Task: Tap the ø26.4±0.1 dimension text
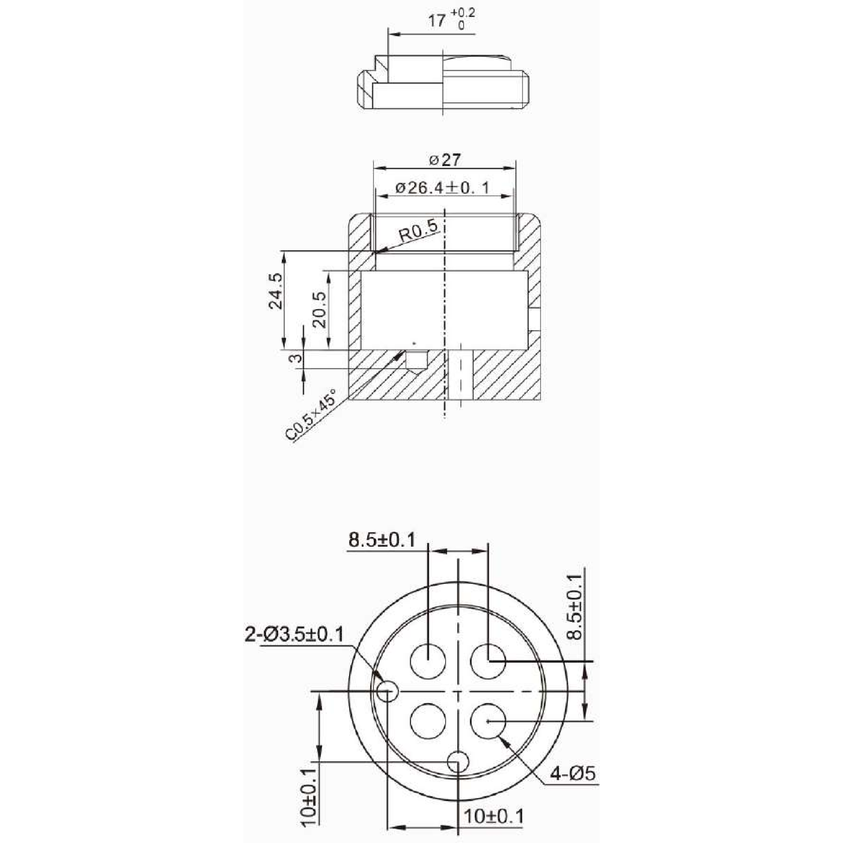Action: pyautogui.click(x=442, y=188)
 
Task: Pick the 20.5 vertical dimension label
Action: pyautogui.click(x=319, y=309)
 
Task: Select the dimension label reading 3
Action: pyautogui.click(x=296, y=358)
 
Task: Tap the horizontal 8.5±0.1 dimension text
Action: pyautogui.click(x=382, y=541)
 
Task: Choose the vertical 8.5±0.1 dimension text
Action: pyautogui.click(x=577, y=607)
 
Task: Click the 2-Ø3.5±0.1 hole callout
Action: pyautogui.click(x=294, y=634)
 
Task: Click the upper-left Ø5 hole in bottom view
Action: pyautogui.click(x=428, y=660)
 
